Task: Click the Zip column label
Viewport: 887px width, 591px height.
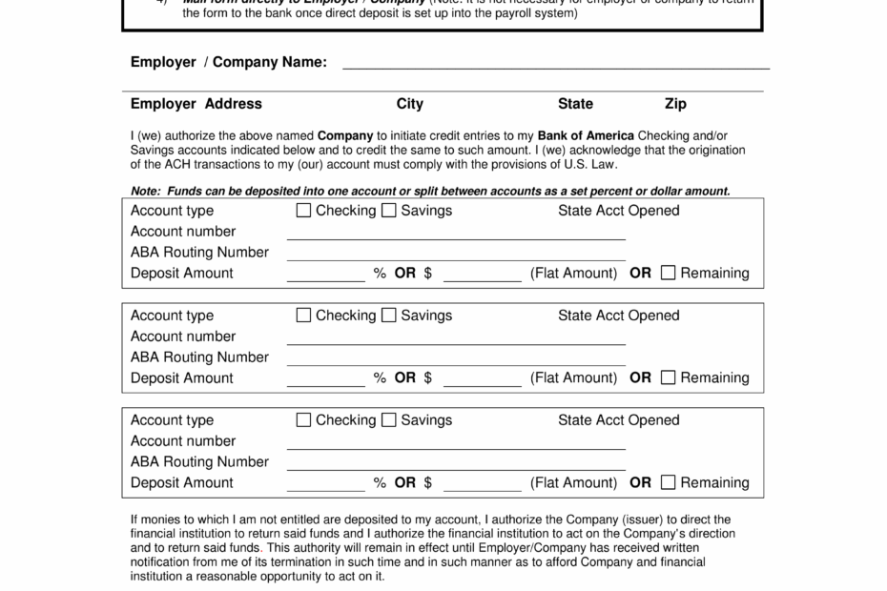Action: click(x=675, y=104)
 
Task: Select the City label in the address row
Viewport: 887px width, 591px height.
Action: click(x=410, y=104)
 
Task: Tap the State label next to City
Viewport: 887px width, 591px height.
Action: click(x=575, y=104)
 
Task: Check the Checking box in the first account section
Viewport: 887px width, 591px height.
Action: click(x=304, y=211)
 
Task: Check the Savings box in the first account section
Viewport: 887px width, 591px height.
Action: click(x=389, y=211)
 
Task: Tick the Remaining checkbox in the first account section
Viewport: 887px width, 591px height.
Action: click(x=669, y=273)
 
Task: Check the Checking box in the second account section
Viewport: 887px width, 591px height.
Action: click(x=304, y=316)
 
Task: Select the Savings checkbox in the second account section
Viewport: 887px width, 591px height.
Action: click(x=389, y=316)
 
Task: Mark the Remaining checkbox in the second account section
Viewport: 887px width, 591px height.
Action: click(x=669, y=377)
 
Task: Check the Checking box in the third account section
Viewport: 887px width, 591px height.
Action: click(x=304, y=420)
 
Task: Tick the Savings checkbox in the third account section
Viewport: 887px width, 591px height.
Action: click(x=389, y=420)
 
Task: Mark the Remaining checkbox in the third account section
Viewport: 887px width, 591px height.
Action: click(x=669, y=482)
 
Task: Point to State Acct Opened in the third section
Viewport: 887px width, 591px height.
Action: click(x=618, y=420)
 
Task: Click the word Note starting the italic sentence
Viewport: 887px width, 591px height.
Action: click(x=145, y=191)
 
